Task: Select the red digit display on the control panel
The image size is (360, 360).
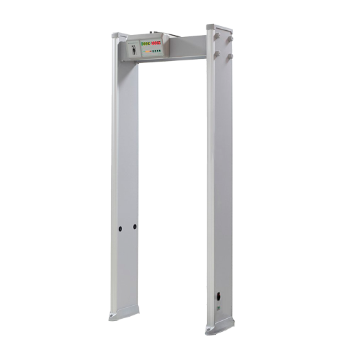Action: [x=156, y=43]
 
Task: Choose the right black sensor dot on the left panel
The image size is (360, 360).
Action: [x=134, y=226]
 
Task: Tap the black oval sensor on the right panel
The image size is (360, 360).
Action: [x=219, y=298]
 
